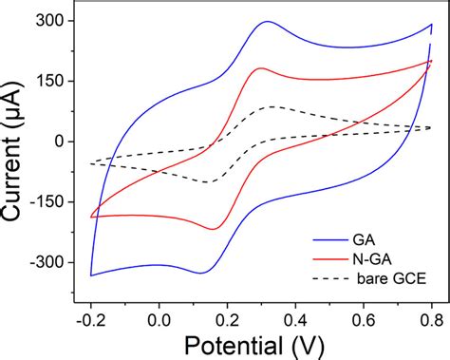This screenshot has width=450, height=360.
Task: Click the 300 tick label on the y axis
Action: (49, 21)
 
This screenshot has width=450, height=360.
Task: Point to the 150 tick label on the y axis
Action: (49, 81)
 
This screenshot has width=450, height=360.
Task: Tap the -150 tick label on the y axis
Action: (47, 201)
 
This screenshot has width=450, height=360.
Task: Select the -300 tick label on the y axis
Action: (47, 262)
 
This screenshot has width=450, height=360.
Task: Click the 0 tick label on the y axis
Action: (57, 142)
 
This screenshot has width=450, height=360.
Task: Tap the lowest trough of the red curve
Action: (214, 229)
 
